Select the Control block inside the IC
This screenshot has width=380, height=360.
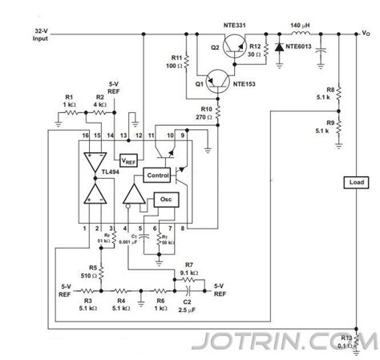157,175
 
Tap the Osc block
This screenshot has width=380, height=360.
165,200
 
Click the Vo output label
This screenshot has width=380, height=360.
365,33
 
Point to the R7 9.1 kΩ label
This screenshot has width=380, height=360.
190,269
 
